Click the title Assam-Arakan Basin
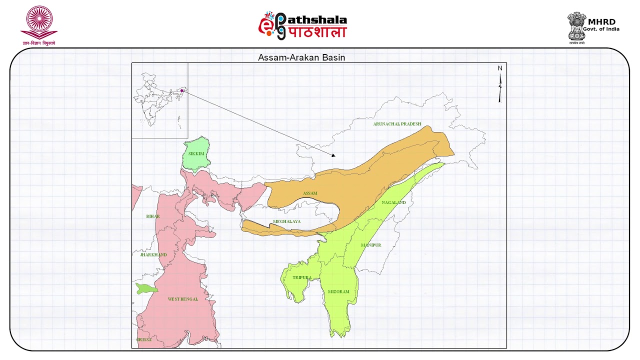coord(301,57)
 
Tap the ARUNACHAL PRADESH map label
coord(397,124)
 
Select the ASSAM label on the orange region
coord(310,193)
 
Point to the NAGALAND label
coord(393,202)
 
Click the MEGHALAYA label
coord(287,221)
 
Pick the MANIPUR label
coord(371,245)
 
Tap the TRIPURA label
coord(302,277)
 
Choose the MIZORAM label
coord(338,291)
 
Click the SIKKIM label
coord(196,153)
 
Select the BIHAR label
coord(153,216)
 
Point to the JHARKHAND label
coord(153,254)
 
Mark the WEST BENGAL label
coord(182,299)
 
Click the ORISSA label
coord(144,339)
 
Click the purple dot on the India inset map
coord(182,90)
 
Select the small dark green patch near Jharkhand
coord(146,288)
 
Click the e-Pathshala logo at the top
coord(302,25)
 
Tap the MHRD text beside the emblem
coord(601,21)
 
